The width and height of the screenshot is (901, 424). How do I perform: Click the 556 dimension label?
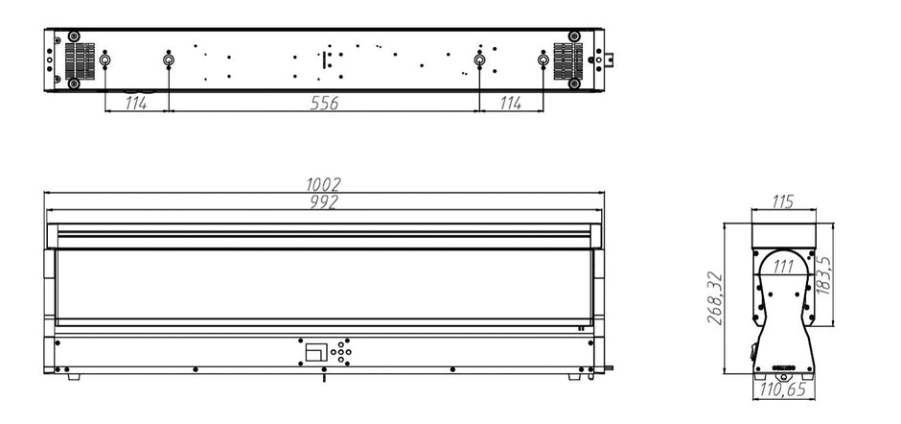tap(324, 104)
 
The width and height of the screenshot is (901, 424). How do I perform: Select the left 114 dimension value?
tap(136, 104)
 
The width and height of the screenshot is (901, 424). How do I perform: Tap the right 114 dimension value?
tap(510, 104)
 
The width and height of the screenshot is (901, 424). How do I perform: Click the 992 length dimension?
tap(325, 201)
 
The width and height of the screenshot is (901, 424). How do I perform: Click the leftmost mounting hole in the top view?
tap(105, 62)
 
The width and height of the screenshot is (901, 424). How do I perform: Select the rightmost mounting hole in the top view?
tap(543, 62)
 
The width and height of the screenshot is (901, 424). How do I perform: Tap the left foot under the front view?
tap(75, 377)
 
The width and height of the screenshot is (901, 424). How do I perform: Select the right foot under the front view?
tap(573, 377)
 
